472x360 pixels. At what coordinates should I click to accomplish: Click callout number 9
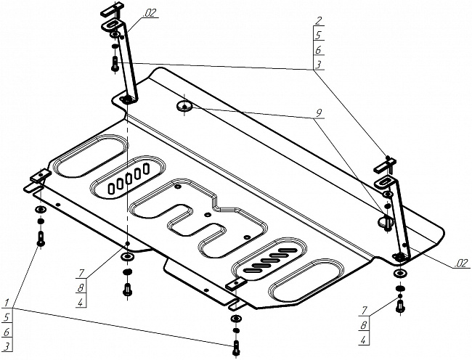tap(317, 113)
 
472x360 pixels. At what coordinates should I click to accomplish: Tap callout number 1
tap(7, 302)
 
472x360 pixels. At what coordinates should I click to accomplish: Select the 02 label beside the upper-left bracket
tap(151, 13)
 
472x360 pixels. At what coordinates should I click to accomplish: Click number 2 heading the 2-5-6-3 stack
tap(319, 20)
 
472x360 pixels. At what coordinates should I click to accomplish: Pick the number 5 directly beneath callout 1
tap(7, 316)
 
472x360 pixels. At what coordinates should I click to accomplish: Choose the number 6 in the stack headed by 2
tap(319, 50)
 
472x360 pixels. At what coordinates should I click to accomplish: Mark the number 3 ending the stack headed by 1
tap(7, 345)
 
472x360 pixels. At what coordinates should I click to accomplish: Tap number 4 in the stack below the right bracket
tap(363, 338)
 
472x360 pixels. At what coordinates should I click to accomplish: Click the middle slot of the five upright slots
tap(127, 179)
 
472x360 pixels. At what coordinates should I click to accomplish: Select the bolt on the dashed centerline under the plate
tap(128, 287)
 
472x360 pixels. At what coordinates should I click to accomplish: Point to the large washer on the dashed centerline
tap(128, 256)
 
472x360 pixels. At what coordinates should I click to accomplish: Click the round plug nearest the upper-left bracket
tap(184, 107)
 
